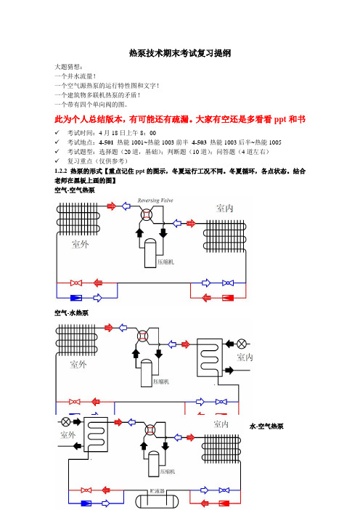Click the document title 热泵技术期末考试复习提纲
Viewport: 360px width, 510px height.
click(180, 53)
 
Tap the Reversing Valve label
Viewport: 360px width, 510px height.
click(155, 201)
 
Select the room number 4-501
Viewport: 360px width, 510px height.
click(106, 142)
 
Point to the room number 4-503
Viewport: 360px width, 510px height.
click(199, 142)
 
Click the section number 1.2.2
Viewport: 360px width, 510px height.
click(61, 171)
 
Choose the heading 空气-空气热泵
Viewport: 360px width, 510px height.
click(75, 190)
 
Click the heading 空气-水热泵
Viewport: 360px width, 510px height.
click(71, 313)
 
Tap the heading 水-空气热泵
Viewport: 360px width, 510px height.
click(266, 426)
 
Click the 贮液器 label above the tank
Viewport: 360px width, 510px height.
click(157, 491)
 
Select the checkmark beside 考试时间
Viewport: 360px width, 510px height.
click(57, 133)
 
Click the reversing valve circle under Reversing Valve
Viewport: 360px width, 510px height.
click(147, 214)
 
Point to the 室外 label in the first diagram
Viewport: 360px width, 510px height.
click(81, 244)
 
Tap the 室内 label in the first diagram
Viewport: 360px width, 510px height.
click(225, 209)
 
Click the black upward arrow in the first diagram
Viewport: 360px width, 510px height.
click(139, 232)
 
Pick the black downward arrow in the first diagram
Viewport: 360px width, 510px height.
click(163, 232)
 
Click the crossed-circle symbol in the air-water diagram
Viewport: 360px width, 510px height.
click(242, 344)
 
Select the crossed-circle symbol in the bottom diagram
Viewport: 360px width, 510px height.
click(66, 422)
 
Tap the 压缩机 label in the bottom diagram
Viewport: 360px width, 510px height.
click(168, 471)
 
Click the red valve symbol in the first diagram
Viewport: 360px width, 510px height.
click(76, 283)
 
